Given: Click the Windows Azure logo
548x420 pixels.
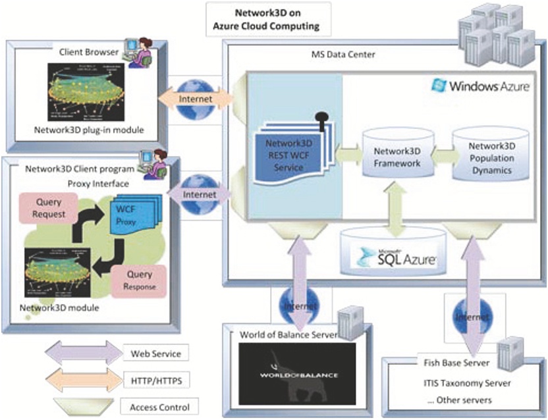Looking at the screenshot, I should click(x=479, y=86).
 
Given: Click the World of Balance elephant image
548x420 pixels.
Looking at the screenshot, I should click(x=297, y=377).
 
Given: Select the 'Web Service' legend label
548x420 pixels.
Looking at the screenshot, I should click(x=153, y=354).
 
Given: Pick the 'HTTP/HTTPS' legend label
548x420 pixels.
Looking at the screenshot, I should click(x=153, y=380).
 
